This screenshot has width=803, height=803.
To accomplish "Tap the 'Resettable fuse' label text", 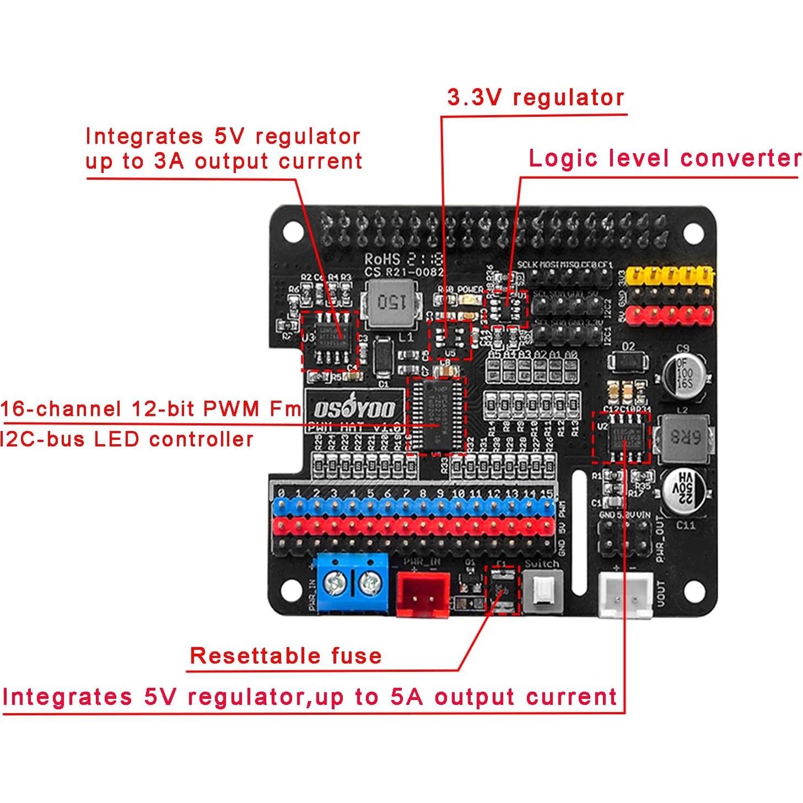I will [285, 655].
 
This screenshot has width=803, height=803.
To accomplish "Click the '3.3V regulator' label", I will [535, 98].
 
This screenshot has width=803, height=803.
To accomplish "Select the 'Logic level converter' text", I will [664, 158].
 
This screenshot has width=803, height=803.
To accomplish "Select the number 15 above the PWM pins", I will [546, 493].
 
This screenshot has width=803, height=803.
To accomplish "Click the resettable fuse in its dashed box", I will [502, 591].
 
